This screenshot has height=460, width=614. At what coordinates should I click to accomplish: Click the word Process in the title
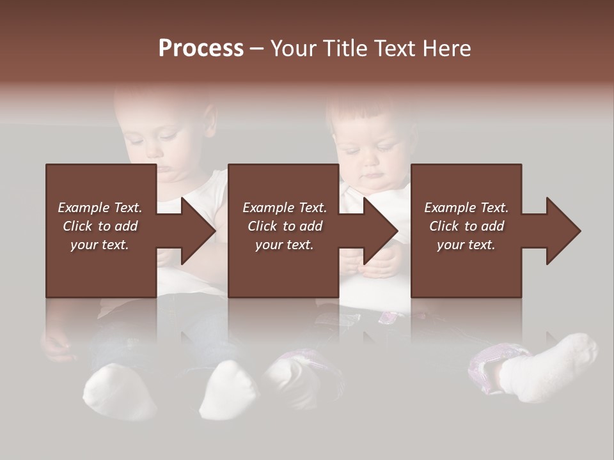[201, 49]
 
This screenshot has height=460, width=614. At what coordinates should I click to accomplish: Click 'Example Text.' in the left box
[100, 208]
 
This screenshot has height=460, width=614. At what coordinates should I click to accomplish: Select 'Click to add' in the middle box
[285, 226]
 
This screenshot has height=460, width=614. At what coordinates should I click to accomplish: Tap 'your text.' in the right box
[466, 245]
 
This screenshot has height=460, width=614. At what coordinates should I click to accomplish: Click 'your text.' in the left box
[100, 245]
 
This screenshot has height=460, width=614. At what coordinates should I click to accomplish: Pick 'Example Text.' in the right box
[466, 208]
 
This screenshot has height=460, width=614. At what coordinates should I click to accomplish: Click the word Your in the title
[296, 49]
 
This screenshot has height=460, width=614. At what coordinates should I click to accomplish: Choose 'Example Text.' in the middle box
[285, 208]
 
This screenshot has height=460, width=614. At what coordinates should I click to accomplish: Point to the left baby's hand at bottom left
[56, 345]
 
